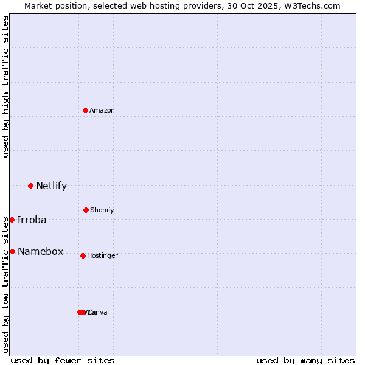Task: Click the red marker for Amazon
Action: pyautogui.click(x=85, y=110)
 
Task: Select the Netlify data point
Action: pyautogui.click(x=30, y=186)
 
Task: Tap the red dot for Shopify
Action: pyautogui.click(x=86, y=210)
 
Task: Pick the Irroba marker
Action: pyautogui.click(x=12, y=220)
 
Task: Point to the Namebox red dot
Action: pyautogui.click(x=12, y=251)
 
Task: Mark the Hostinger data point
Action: pyautogui.click(x=83, y=255)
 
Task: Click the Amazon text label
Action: pyautogui.click(x=102, y=110)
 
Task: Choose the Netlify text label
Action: pyautogui.click(x=51, y=186)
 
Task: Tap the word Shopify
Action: pyautogui.click(x=102, y=210)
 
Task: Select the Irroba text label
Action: pyautogui.click(x=32, y=220)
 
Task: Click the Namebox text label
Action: pyautogui.click(x=40, y=251)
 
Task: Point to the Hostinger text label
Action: pyautogui.click(x=102, y=255)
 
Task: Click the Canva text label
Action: pyautogui.click(x=98, y=312)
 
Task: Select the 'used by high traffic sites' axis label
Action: pyautogui.click(x=5, y=86)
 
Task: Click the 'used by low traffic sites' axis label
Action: pyautogui.click(x=5, y=285)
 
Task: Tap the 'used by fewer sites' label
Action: pyautogui.click(x=63, y=360)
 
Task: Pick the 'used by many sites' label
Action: pyautogui.click(x=305, y=360)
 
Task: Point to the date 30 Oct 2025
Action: pyautogui.click(x=252, y=5)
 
